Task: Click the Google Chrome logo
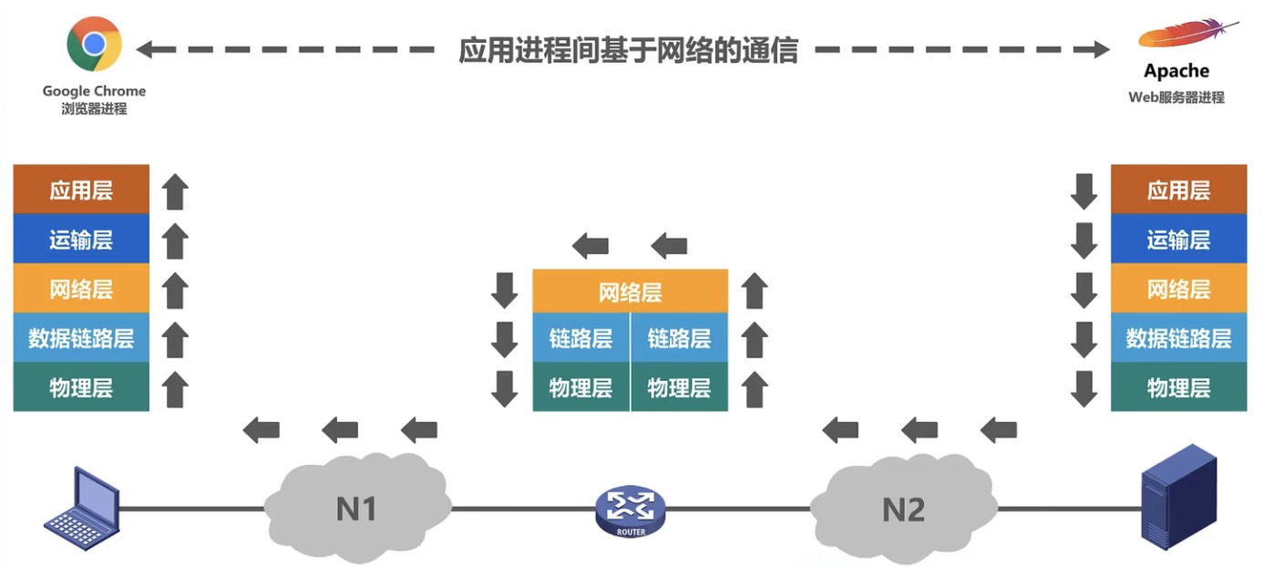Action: click(x=94, y=44)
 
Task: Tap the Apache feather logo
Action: click(x=1187, y=34)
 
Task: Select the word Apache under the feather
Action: click(x=1176, y=71)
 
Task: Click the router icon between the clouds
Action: click(x=631, y=511)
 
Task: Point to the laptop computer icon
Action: click(x=82, y=509)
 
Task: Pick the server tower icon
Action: click(x=1179, y=497)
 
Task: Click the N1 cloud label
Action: click(x=356, y=509)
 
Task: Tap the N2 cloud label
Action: click(x=903, y=510)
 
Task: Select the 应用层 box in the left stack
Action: click(x=81, y=189)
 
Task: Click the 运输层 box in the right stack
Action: click(x=1179, y=239)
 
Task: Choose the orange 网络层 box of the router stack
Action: click(x=631, y=291)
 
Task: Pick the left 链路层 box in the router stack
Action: click(x=581, y=337)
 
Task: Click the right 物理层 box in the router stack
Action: click(x=680, y=387)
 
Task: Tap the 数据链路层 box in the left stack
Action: click(x=81, y=337)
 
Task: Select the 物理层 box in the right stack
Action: click(x=1179, y=387)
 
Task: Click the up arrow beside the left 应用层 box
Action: click(x=175, y=191)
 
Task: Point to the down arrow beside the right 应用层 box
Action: click(x=1083, y=191)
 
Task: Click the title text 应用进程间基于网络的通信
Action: click(x=628, y=49)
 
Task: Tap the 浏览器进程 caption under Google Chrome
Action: click(x=94, y=108)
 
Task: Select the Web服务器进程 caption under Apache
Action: click(x=1176, y=97)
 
